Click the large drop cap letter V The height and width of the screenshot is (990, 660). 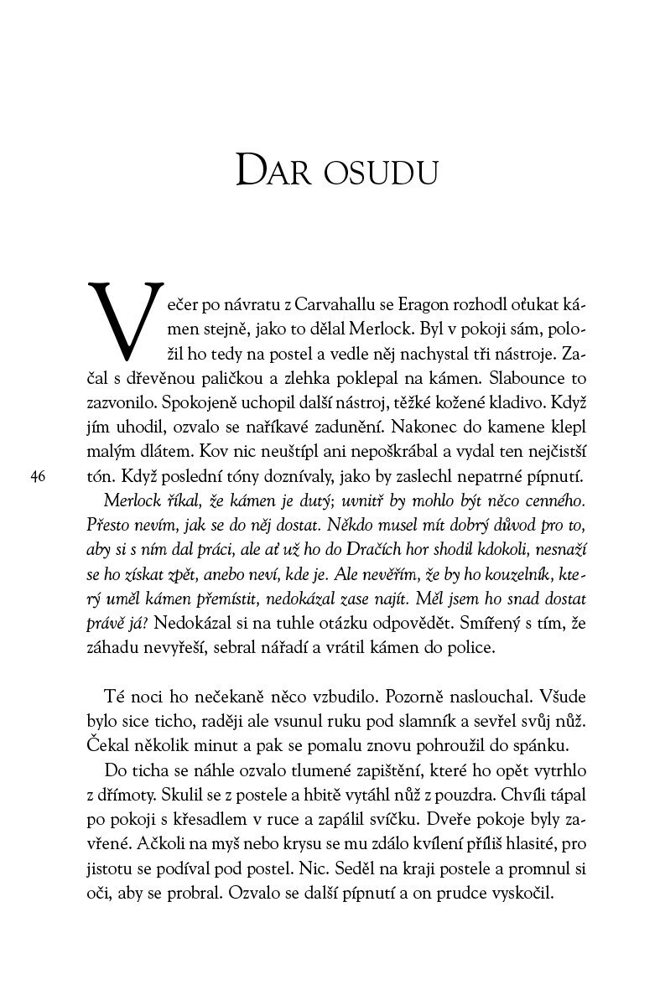pyautogui.click(x=123, y=318)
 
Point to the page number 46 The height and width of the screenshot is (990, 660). pyautogui.click(x=37, y=477)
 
